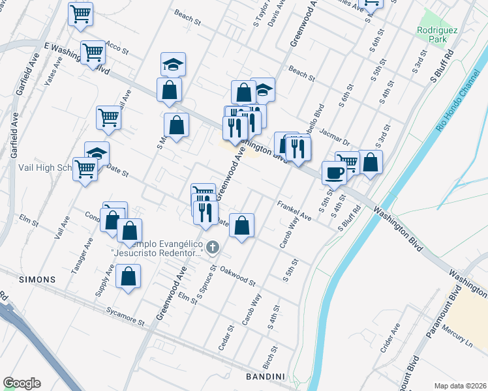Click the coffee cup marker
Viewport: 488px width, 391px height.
[x=334, y=173]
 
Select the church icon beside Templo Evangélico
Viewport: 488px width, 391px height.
[x=213, y=248]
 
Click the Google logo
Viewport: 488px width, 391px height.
[x=22, y=383]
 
